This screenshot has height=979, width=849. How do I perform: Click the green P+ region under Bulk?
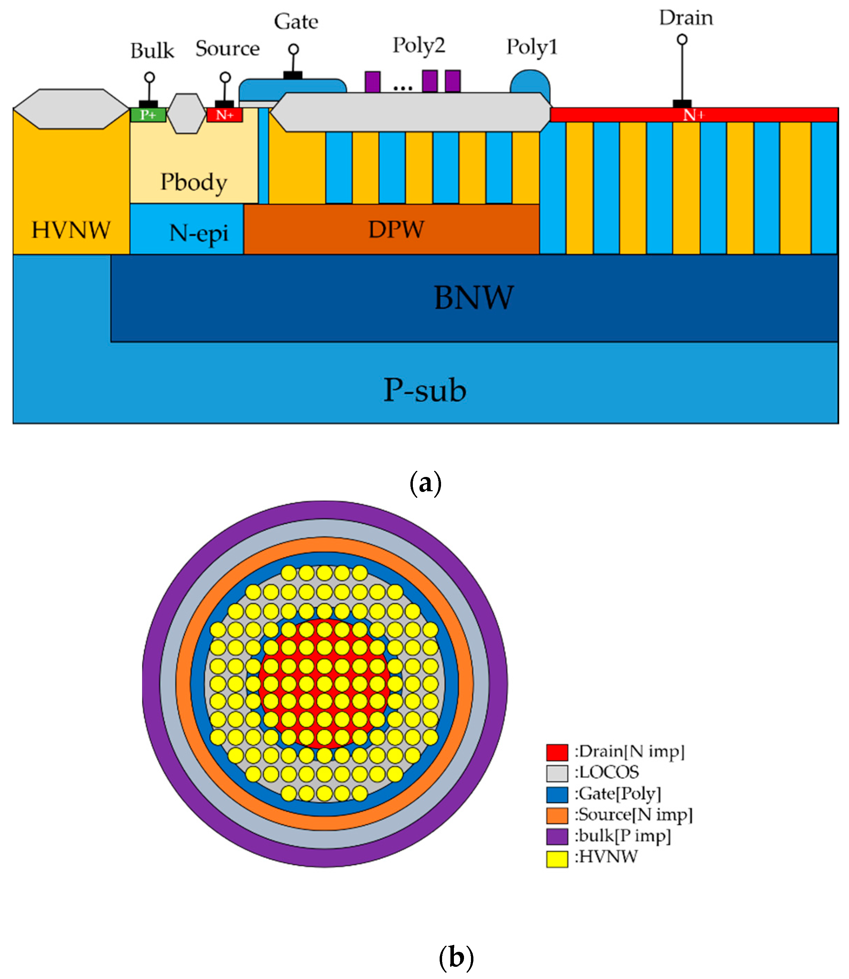point(148,115)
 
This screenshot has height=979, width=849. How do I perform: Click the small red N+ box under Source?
point(225,115)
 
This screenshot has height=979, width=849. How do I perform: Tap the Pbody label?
point(194,183)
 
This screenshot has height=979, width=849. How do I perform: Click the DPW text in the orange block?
point(396,230)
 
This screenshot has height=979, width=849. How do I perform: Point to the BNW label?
point(473,298)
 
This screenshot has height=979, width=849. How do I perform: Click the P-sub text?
point(425,391)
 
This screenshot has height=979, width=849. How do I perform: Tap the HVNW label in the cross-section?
point(71,230)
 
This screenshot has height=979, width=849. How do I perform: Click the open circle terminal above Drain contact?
point(682,39)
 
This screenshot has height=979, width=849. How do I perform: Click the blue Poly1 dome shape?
point(530,82)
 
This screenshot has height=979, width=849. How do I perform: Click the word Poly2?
point(419,46)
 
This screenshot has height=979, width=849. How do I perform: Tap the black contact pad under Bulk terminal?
point(148,104)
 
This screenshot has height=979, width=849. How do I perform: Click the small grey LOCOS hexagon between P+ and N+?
point(187,114)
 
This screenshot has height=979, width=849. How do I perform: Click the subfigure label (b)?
point(456,957)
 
